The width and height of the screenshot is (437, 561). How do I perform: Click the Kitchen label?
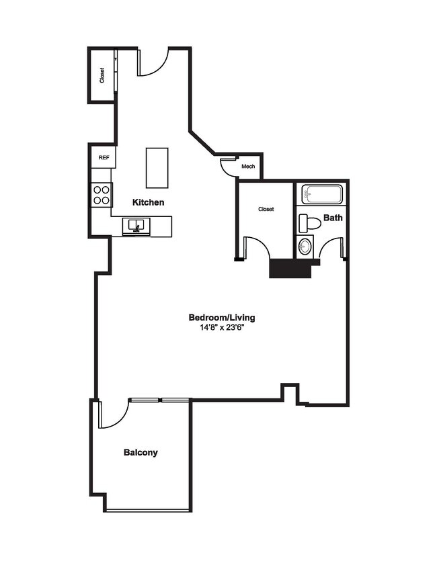coord(148,202)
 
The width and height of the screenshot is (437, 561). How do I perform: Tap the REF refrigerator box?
coord(104,157)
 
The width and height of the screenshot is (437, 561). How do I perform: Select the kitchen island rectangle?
coord(157,168)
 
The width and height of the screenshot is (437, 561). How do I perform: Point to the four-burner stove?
coord(102,195)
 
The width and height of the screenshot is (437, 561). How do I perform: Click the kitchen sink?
coord(136,226)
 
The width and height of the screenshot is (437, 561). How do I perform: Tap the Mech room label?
coord(248,167)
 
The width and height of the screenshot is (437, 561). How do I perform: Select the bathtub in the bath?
coord(322,195)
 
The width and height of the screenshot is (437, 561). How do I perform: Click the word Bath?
coord(333,218)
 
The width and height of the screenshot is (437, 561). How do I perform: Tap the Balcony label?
coord(141,452)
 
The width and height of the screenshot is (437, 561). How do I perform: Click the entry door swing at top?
coord(153,63)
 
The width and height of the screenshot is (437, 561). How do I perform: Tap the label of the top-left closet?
coord(102,75)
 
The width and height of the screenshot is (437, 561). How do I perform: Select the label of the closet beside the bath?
coord(266,209)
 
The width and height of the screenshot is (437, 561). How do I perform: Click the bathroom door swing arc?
coord(332,249)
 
